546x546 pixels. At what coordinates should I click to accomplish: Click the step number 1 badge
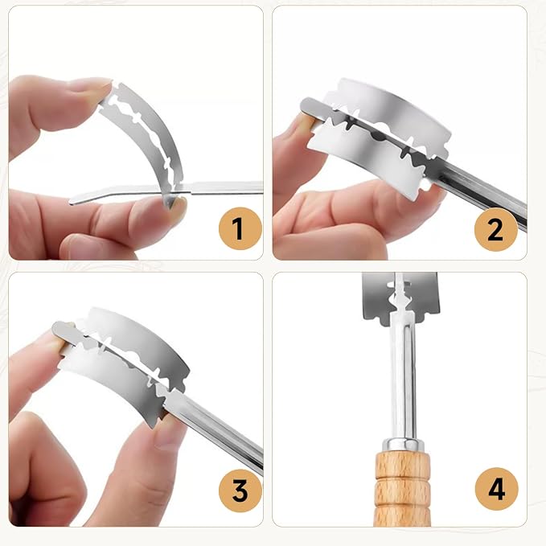(240, 228)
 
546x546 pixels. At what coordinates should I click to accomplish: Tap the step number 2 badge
(496, 229)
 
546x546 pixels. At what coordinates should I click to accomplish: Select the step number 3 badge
(240, 491)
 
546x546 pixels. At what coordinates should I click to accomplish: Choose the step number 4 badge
(496, 489)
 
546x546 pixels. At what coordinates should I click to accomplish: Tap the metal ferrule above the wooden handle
(403, 445)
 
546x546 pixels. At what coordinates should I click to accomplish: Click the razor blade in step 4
(400, 298)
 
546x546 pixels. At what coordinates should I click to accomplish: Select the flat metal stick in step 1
(167, 191)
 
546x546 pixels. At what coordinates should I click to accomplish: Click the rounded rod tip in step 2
(308, 105)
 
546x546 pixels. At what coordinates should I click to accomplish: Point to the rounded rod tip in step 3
(60, 330)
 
